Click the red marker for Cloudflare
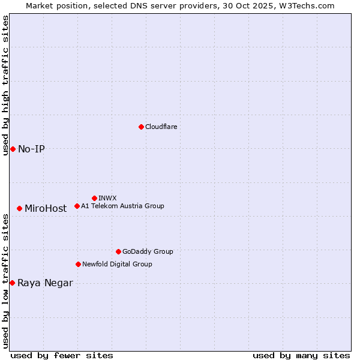pos(141,127)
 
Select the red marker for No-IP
pos(13,149)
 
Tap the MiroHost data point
pos(19,208)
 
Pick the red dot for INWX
pos(94,198)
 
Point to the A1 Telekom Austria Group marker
pos(77,206)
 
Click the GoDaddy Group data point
pos(118,251)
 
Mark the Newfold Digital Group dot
pos(78,264)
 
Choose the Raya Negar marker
pos(12,283)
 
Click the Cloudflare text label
pos(161,127)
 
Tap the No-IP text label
pos(31,149)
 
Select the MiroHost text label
pos(46,209)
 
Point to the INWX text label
pos(107,198)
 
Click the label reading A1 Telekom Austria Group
pos(122,206)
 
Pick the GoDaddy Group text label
pos(148,251)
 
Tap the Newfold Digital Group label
pos(117,264)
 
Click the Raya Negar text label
pos(45,283)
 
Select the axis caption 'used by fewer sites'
pos(62,355)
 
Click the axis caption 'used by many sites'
pos(301,355)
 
